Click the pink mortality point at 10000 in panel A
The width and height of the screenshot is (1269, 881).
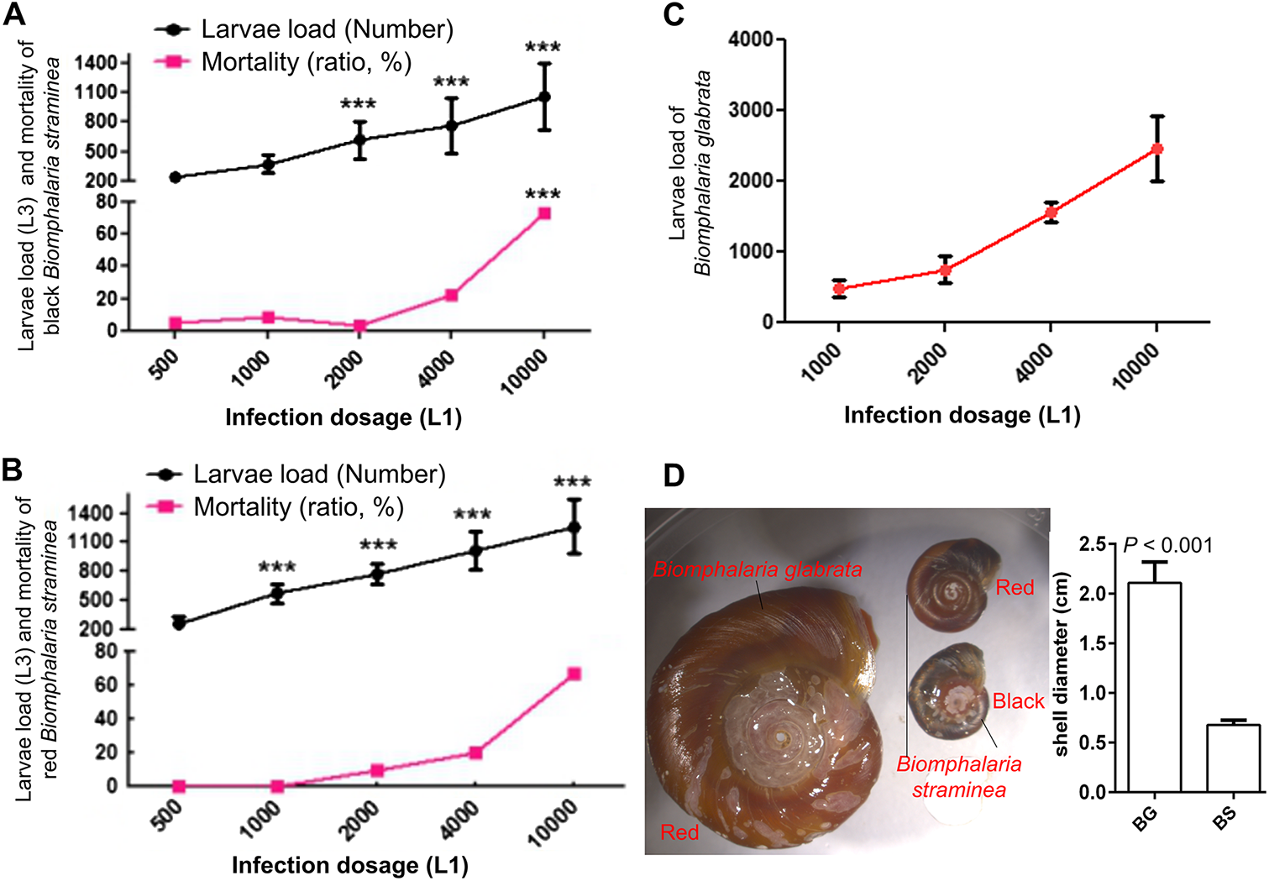point(544,213)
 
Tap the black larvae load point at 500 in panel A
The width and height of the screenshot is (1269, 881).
point(175,177)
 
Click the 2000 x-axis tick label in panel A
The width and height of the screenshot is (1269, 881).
point(344,369)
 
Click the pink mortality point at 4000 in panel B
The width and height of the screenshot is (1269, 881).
point(475,753)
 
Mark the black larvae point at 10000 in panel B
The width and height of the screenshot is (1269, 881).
point(574,527)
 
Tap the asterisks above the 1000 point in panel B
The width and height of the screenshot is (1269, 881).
point(277,568)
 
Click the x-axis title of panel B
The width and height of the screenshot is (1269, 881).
point(349,865)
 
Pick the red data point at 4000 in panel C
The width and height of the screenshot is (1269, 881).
point(1051,212)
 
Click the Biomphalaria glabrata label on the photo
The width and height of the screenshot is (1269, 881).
point(758,570)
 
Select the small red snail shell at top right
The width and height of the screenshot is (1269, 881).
point(954,585)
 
